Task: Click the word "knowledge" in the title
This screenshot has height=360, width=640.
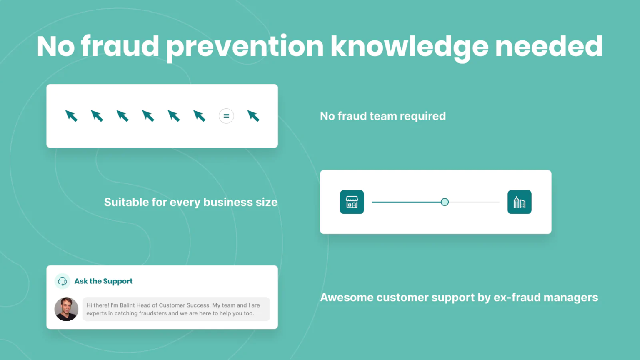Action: click(x=409, y=47)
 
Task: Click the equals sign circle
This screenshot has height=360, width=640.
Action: click(x=226, y=116)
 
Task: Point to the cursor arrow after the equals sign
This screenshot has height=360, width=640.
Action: click(x=253, y=116)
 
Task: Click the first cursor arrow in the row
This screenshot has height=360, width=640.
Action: click(x=72, y=116)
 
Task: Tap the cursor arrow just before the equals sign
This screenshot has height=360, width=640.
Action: click(x=200, y=116)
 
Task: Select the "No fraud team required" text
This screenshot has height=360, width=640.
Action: click(x=382, y=116)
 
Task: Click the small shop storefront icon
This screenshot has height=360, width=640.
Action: click(x=352, y=202)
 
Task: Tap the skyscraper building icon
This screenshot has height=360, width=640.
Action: click(x=519, y=202)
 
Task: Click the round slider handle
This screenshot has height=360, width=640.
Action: click(x=445, y=202)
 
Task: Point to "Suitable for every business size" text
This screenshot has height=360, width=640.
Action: click(x=190, y=202)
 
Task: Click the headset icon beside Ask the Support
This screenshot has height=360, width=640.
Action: click(x=62, y=281)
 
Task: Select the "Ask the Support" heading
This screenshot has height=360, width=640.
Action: click(x=103, y=281)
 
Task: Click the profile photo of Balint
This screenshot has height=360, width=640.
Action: click(x=66, y=309)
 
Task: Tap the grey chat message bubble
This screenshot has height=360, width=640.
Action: click(x=176, y=309)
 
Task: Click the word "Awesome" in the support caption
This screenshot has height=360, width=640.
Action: click(x=347, y=297)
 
